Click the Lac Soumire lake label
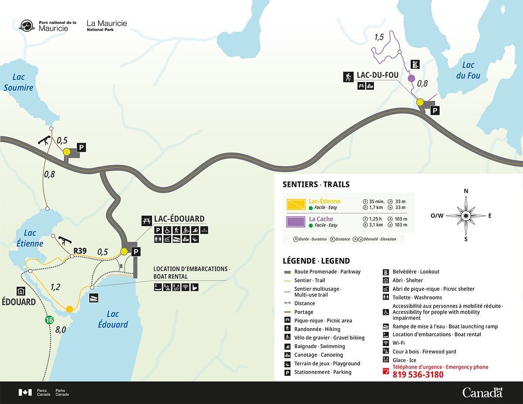point(18,82)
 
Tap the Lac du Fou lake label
point(468,70)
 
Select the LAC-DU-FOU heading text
point(377,75)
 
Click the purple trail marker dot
point(411,78)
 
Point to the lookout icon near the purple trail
point(415,65)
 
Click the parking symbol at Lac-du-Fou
point(435,111)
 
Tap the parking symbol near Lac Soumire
point(81,148)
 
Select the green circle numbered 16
point(49,320)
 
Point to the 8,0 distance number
point(61,330)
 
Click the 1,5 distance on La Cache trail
point(379,38)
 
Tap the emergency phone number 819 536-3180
point(418,375)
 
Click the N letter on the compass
point(466,191)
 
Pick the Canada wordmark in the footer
point(482,392)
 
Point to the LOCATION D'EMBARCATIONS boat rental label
point(191,272)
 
